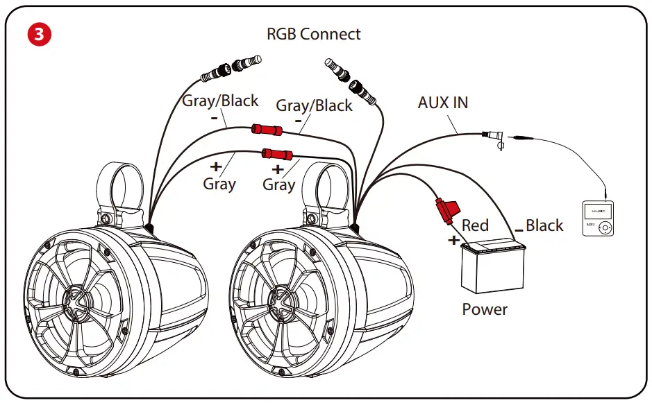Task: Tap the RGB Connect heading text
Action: [x=314, y=33]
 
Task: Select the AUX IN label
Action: [x=443, y=103]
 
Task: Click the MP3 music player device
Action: [x=598, y=218]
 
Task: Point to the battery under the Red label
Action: [x=494, y=269]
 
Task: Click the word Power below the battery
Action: [x=485, y=309]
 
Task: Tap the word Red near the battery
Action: [x=475, y=225]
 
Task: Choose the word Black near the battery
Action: [x=544, y=225]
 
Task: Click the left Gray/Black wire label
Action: [x=220, y=101]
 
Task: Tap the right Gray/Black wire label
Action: [x=315, y=105]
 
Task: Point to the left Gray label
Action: [x=219, y=184]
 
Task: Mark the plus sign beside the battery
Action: [x=454, y=240]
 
